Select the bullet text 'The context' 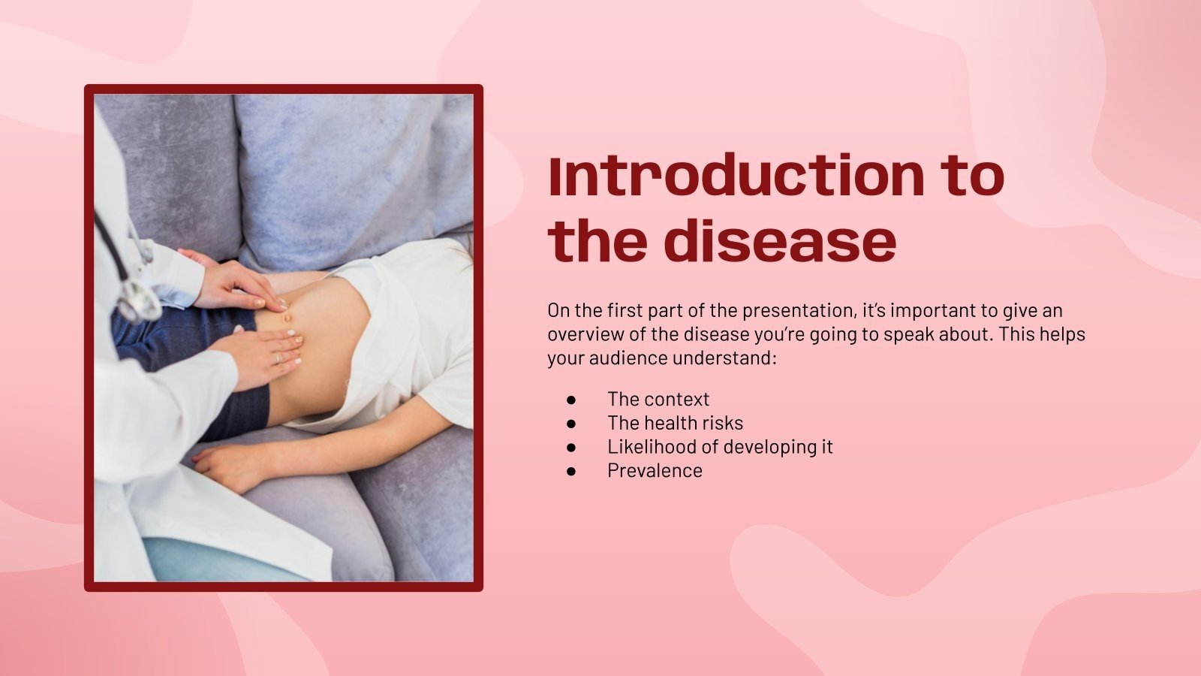point(658,399)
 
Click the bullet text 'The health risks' point(675,423)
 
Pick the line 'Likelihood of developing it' point(720,447)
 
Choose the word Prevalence point(655,471)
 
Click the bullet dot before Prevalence point(571,472)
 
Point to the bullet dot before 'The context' point(571,400)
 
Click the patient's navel point(287,318)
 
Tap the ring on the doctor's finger point(277,358)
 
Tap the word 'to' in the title point(974,176)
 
